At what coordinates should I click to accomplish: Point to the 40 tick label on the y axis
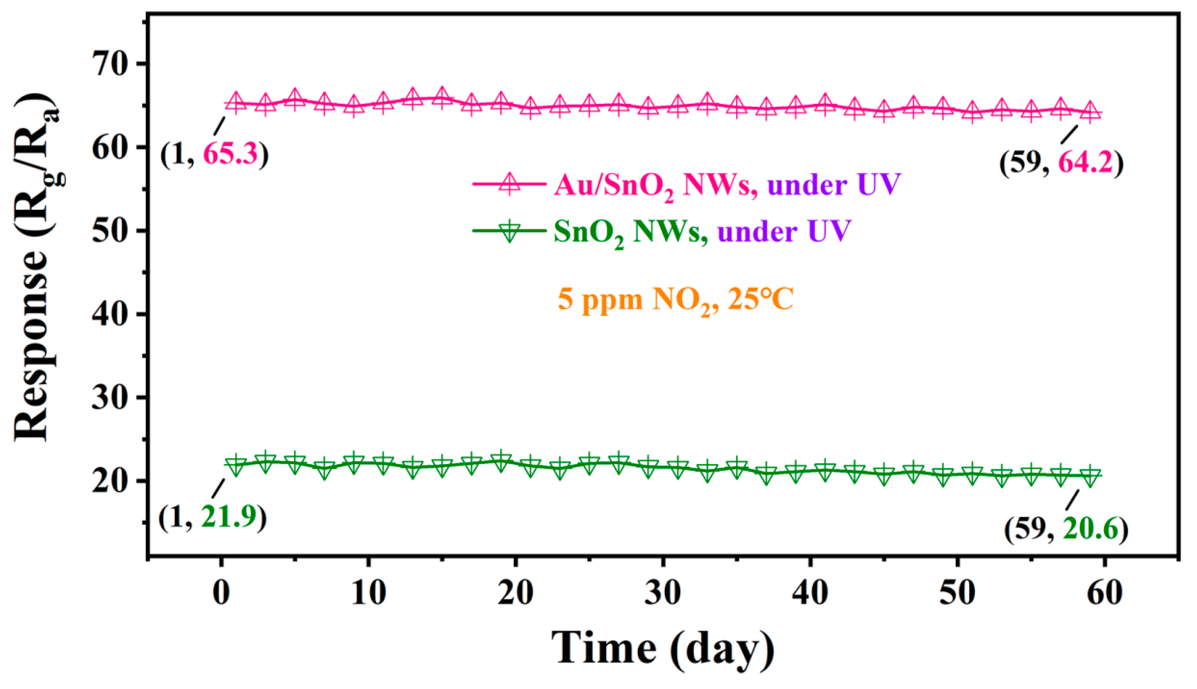(111, 314)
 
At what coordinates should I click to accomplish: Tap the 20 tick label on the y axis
(111, 481)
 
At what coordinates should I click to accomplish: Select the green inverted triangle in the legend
(509, 231)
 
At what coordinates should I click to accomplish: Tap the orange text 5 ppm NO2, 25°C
(675, 300)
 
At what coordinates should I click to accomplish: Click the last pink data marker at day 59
(1090, 112)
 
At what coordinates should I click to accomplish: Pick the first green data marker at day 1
(236, 465)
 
